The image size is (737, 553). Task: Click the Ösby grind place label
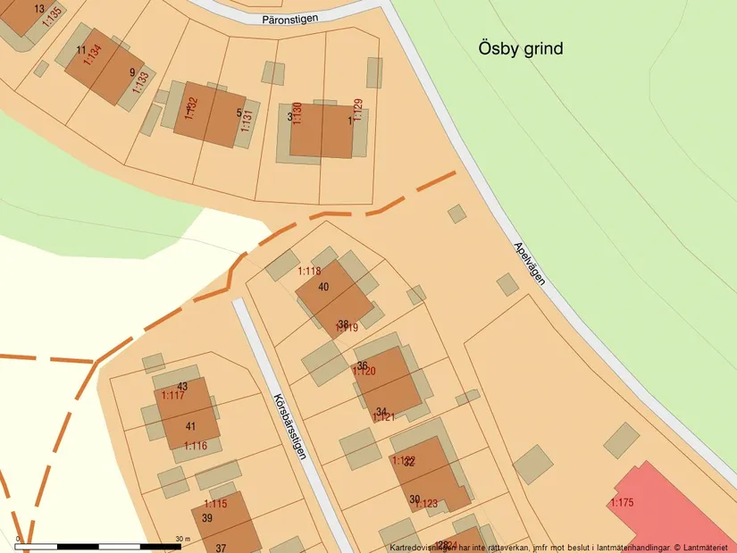coord(519,48)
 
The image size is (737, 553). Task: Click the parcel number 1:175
coord(622,503)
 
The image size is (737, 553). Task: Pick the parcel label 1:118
coord(309,271)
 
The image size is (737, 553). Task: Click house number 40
coord(323,286)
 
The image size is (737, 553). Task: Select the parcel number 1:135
coord(52,13)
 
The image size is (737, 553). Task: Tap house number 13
coord(38,8)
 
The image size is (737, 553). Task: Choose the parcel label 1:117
coord(173,395)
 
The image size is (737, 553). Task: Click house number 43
coord(182,386)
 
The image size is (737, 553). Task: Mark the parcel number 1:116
coord(196,445)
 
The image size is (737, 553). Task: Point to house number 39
coord(207,518)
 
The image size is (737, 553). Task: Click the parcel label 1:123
coord(426,504)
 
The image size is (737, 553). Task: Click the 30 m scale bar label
coord(183,539)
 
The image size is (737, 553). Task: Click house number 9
coord(132,72)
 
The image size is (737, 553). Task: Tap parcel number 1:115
coord(215,504)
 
